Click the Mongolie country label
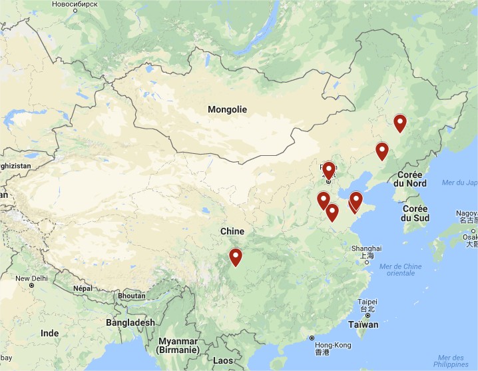(227, 109)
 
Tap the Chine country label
(232, 231)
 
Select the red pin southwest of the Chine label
(235, 256)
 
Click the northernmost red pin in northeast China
(399, 123)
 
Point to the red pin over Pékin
(328, 170)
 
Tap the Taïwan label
(363, 325)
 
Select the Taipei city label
(367, 302)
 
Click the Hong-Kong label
(332, 345)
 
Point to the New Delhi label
(31, 278)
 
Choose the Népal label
(82, 288)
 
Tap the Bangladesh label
(130, 322)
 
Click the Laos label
(224, 360)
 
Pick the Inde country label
(50, 333)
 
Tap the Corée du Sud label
(415, 213)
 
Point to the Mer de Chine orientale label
(400, 270)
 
